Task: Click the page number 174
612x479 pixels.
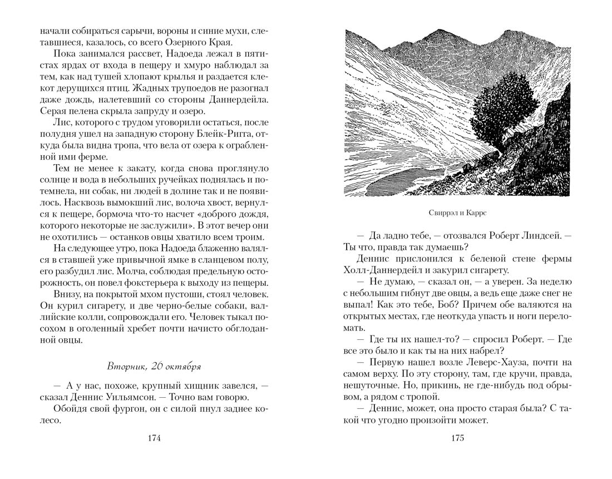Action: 155,438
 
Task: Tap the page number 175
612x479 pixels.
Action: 457,438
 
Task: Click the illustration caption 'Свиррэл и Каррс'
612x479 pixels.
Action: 457,212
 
